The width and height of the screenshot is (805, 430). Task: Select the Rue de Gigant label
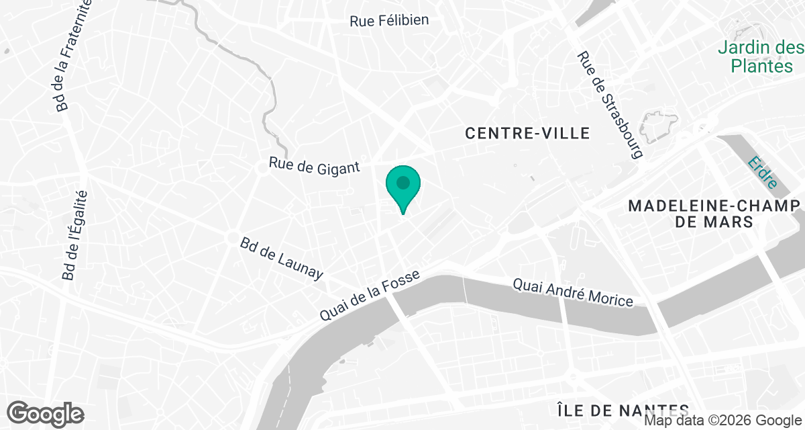[x=315, y=165]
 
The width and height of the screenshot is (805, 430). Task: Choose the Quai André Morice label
[x=573, y=293]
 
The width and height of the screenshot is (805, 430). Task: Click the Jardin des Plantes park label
[x=760, y=57]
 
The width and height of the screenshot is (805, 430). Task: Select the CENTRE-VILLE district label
[x=528, y=134]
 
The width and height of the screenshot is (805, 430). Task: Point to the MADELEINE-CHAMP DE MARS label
[x=715, y=213]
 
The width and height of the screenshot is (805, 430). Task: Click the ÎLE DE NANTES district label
[x=623, y=409]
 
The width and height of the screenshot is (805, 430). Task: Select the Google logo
[x=45, y=413]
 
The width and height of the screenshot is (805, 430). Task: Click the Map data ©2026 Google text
[x=722, y=421]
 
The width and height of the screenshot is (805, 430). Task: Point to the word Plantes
[x=761, y=66]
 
